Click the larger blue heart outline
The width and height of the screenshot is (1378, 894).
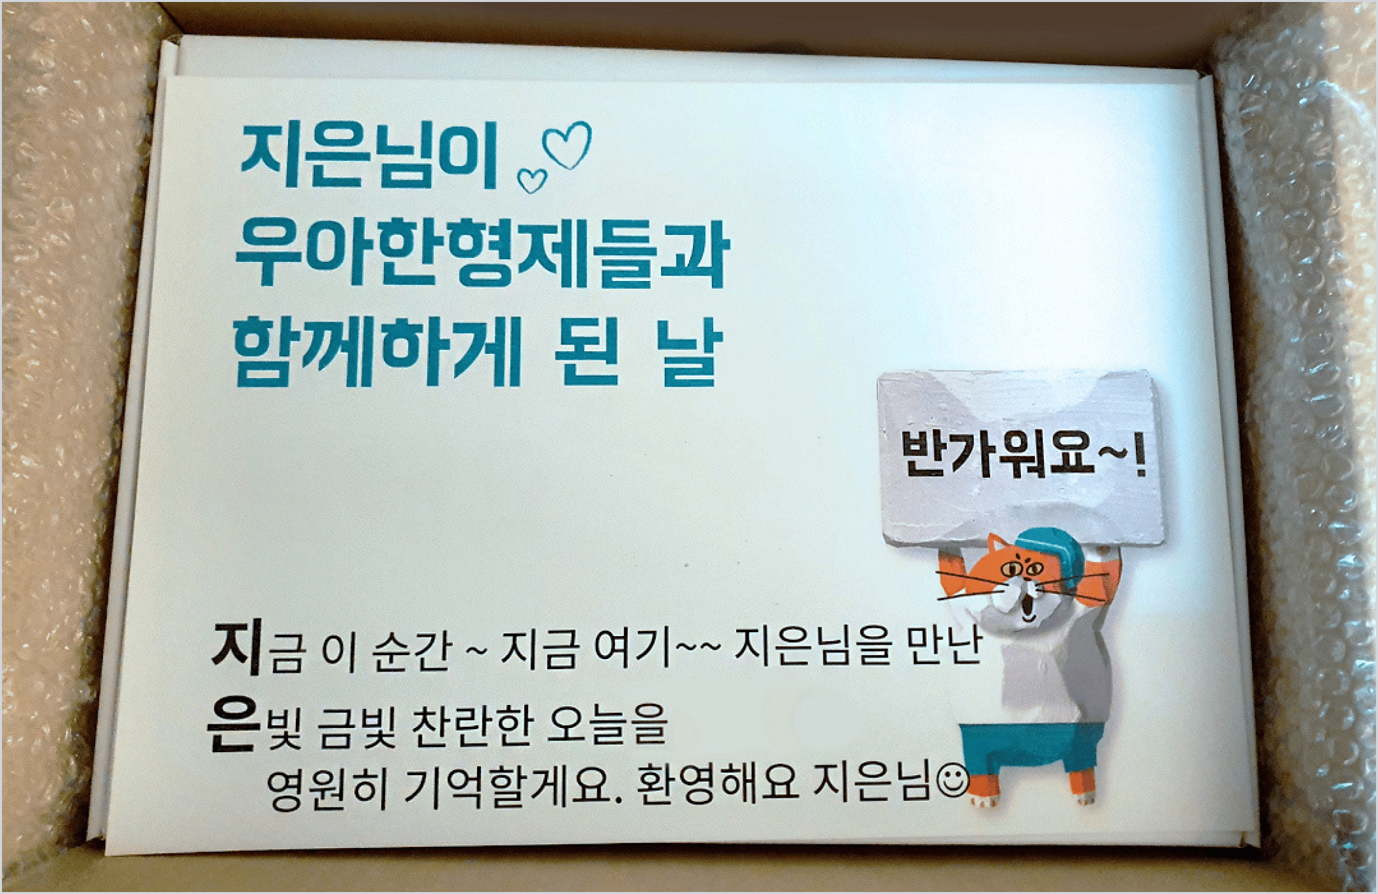[x=568, y=145]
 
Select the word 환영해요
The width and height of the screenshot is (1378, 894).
[x=717, y=784]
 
